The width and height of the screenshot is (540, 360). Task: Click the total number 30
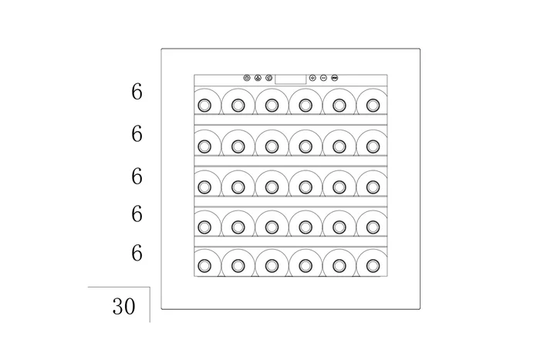tap(123, 307)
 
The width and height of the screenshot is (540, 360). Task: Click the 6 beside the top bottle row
tap(137, 92)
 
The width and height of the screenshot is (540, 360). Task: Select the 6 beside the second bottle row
tap(137, 134)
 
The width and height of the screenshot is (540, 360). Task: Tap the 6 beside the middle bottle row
tap(137, 177)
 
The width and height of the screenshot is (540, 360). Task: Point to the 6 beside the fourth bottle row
tap(137, 214)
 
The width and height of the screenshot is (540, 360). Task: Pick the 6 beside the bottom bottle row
tap(137, 252)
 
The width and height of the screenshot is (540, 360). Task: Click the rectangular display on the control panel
tap(291, 78)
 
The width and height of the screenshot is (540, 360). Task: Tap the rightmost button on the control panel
tap(336, 78)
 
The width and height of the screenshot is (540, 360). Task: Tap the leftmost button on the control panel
tap(247, 78)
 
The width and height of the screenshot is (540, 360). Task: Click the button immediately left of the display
tap(268, 78)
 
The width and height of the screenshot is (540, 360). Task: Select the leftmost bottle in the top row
tap(204, 104)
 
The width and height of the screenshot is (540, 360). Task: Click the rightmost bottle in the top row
tap(373, 104)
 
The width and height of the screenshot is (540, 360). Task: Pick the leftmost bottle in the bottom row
tap(204, 265)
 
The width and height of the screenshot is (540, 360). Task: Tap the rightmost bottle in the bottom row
tap(373, 265)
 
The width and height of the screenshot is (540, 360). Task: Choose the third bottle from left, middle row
tap(272, 186)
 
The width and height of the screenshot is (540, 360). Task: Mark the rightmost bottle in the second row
tap(373, 145)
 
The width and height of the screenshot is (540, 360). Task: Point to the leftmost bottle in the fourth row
tap(204, 226)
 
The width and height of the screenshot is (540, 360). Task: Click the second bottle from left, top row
tap(238, 104)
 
